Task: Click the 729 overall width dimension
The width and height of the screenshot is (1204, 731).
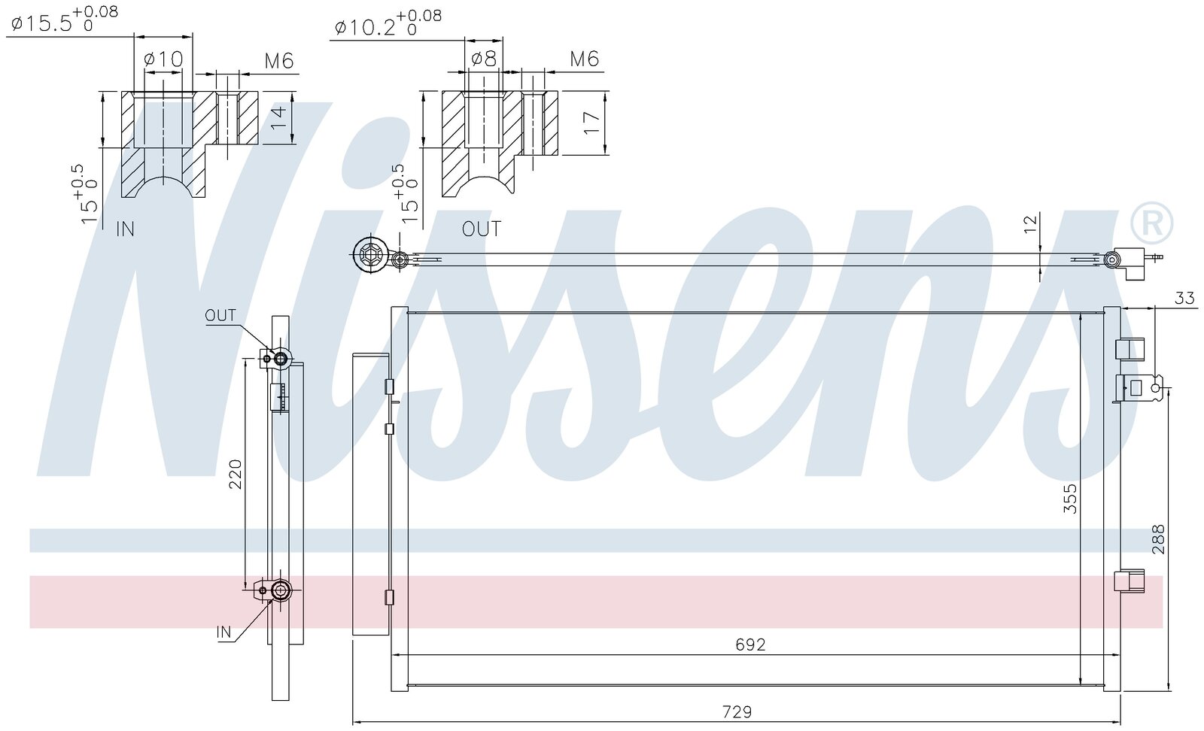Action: tap(737, 711)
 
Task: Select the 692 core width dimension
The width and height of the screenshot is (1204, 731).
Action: tap(750, 644)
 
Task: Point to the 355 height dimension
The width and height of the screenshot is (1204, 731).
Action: tap(1071, 499)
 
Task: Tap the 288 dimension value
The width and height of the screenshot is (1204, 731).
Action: tap(1158, 538)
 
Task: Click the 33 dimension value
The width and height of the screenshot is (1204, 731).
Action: tap(1184, 298)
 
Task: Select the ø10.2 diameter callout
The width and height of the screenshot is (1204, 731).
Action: tap(388, 22)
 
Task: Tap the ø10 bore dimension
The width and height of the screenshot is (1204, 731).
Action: tap(163, 59)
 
